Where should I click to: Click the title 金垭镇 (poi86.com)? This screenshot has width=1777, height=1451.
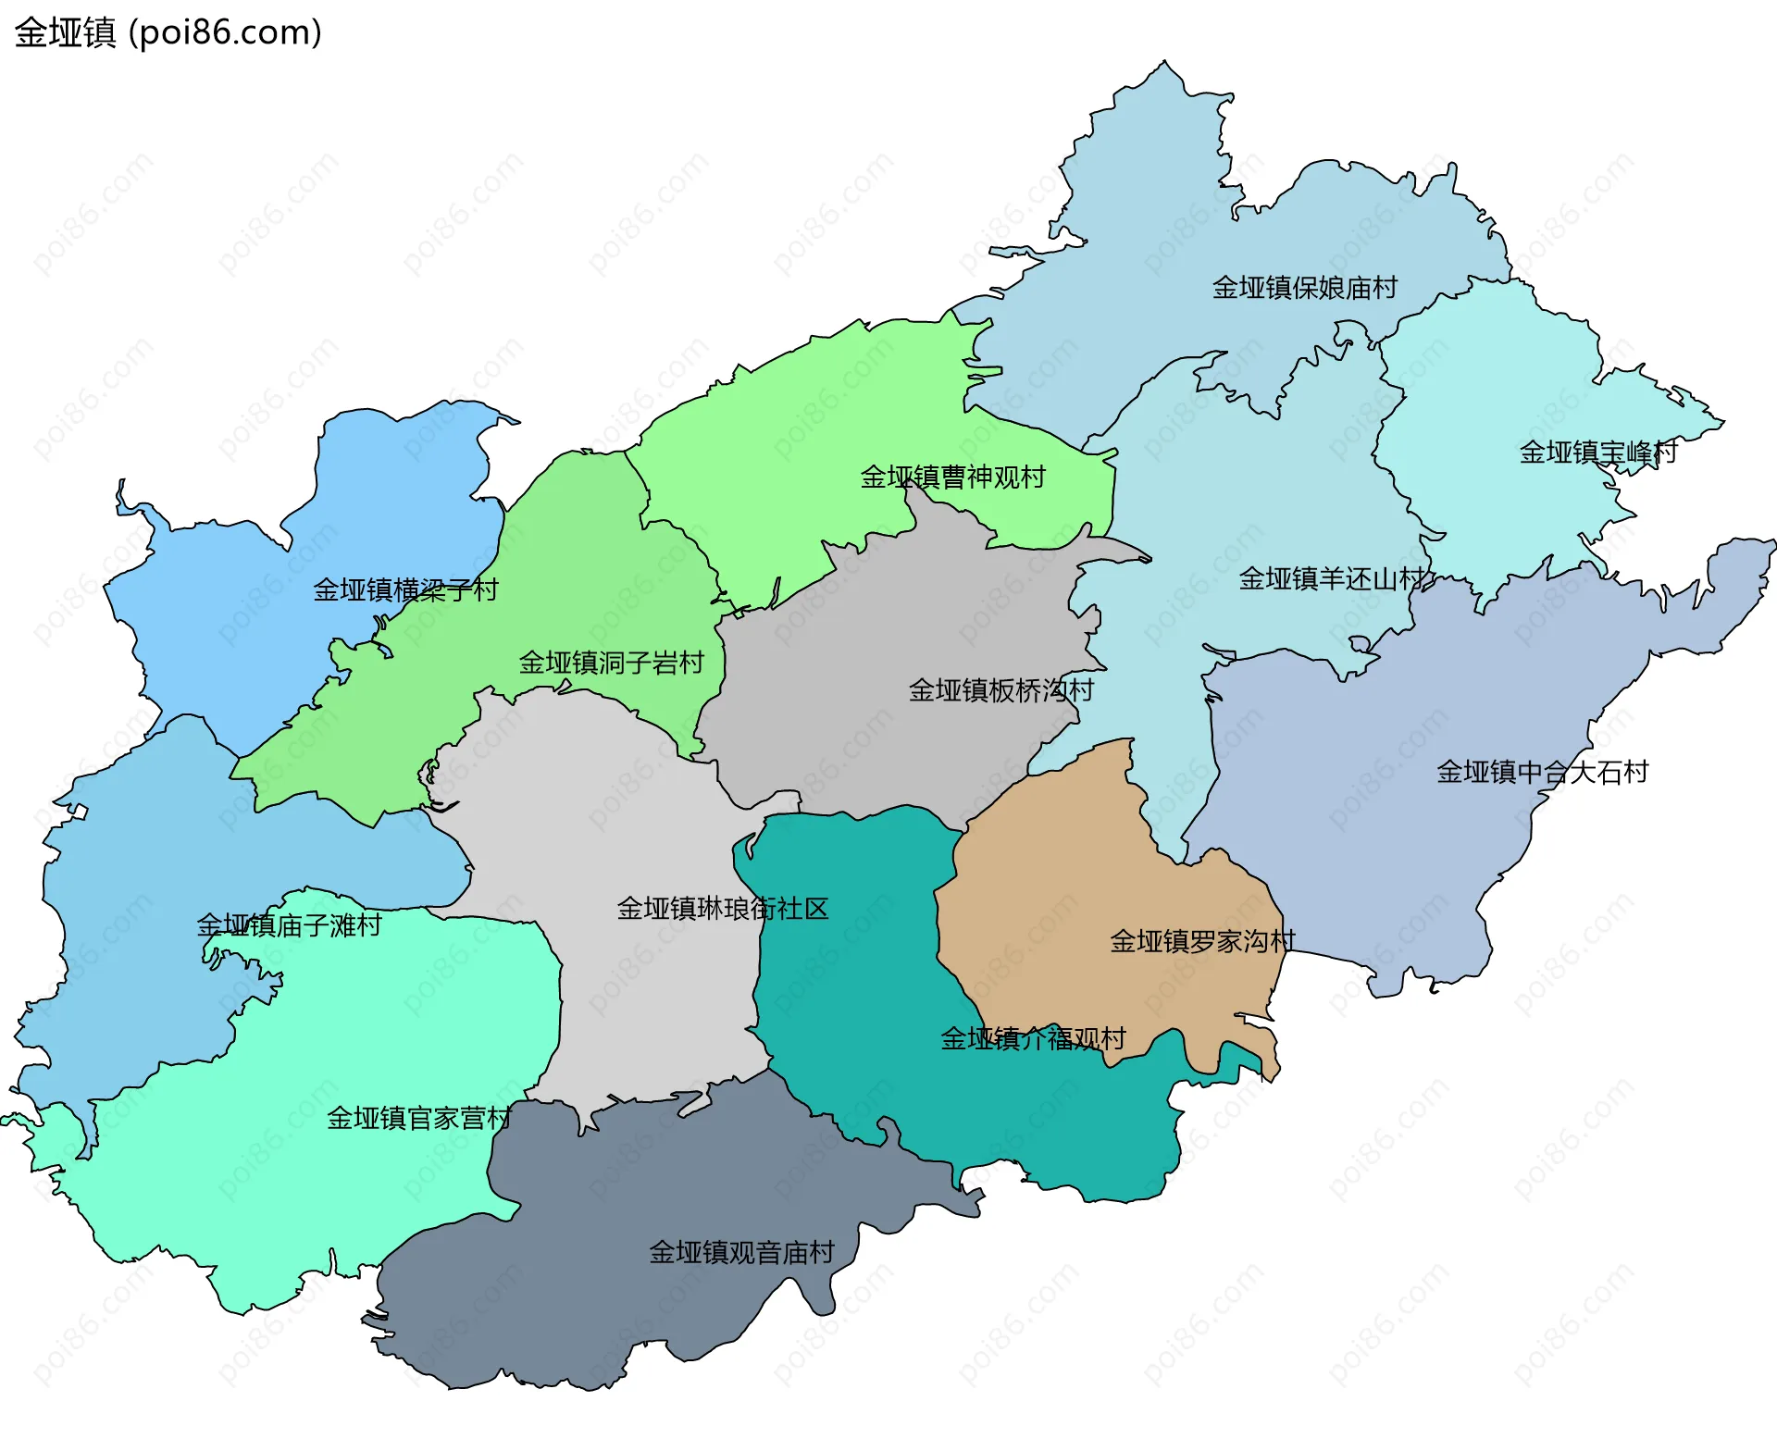168,32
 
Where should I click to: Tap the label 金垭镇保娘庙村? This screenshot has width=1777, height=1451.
1304,288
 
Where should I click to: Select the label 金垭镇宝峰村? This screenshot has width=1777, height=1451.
1597,453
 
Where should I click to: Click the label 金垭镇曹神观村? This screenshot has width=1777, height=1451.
952,477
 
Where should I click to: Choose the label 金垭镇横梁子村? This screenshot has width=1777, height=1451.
405,589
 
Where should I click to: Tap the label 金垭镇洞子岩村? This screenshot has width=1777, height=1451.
611,663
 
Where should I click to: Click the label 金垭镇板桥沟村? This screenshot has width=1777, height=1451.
1000,690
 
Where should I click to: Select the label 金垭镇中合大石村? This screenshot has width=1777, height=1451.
1542,772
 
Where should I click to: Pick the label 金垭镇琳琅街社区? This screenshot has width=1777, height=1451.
722,909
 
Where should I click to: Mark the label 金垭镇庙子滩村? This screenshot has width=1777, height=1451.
289,925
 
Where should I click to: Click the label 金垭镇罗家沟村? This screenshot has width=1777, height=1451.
1202,942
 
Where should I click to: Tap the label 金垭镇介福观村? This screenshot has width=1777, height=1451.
1033,1039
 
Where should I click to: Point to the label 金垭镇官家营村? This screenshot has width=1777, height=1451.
418,1119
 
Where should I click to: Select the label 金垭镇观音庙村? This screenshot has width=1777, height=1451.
741,1253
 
